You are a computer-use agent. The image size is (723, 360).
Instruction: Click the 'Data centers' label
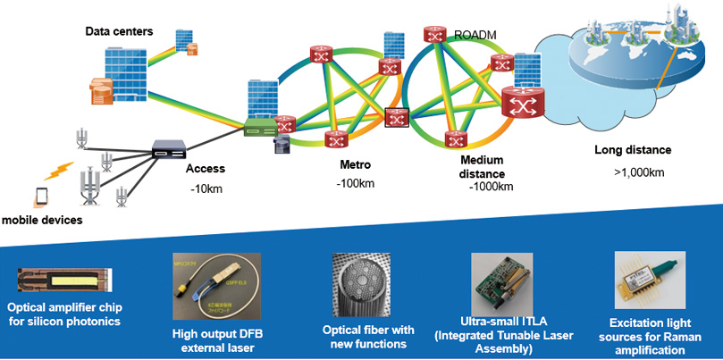coord(119,32)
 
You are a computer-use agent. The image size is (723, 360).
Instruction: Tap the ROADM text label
coord(475,35)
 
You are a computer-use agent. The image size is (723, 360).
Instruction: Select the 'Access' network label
coord(205,168)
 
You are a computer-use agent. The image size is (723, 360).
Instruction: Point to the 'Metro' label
coord(355,166)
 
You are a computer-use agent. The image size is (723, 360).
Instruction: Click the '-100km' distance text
coord(356,184)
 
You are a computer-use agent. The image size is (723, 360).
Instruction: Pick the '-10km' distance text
coord(206,188)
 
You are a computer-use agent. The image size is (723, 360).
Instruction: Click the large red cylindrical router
coord(520,104)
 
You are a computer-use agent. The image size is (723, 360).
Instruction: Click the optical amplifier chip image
coord(63,277)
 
